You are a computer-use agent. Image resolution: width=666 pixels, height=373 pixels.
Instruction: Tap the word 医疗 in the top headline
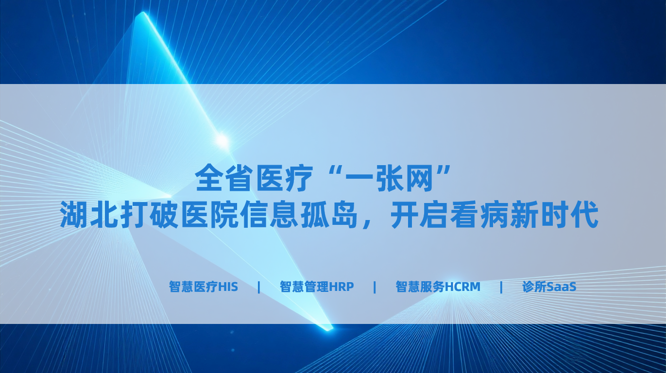coord(285,178)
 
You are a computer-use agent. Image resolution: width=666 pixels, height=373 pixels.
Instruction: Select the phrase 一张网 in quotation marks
coord(389,178)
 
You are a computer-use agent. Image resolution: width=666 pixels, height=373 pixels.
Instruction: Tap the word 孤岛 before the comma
coord(330,214)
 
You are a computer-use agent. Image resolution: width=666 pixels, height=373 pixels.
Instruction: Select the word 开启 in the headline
coord(419,214)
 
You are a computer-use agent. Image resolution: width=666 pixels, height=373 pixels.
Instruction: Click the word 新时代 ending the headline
coord(554,214)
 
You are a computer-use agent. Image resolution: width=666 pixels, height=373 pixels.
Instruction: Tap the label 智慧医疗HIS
coord(204,287)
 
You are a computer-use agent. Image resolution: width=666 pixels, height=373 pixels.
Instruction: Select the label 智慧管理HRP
coord(317,287)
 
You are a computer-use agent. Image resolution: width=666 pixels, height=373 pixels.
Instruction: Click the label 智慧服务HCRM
coord(438,287)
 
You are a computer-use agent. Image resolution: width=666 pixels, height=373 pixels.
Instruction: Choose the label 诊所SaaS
coord(549,287)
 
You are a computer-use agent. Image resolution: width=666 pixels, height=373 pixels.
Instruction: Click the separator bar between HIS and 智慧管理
coord(259,287)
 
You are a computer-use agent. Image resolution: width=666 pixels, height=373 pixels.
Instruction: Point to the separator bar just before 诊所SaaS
coord(501,287)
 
